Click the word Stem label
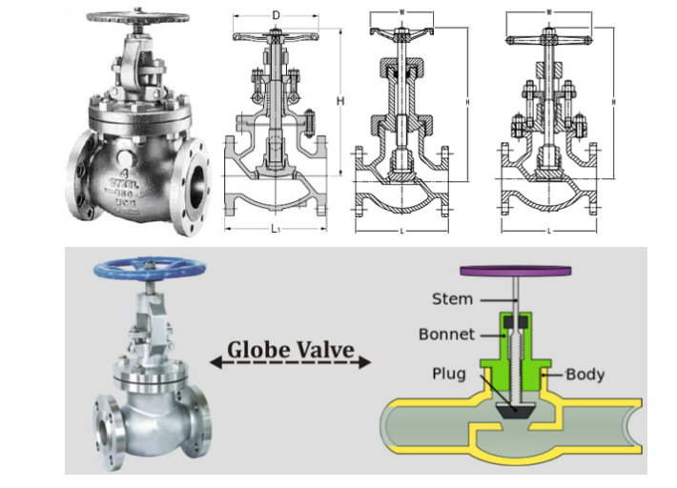coord(452,299)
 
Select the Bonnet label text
coord(446,335)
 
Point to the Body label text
coord(585,374)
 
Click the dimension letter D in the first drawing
coord(276,16)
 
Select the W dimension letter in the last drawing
coord(549,12)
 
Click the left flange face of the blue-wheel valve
coord(102,423)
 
